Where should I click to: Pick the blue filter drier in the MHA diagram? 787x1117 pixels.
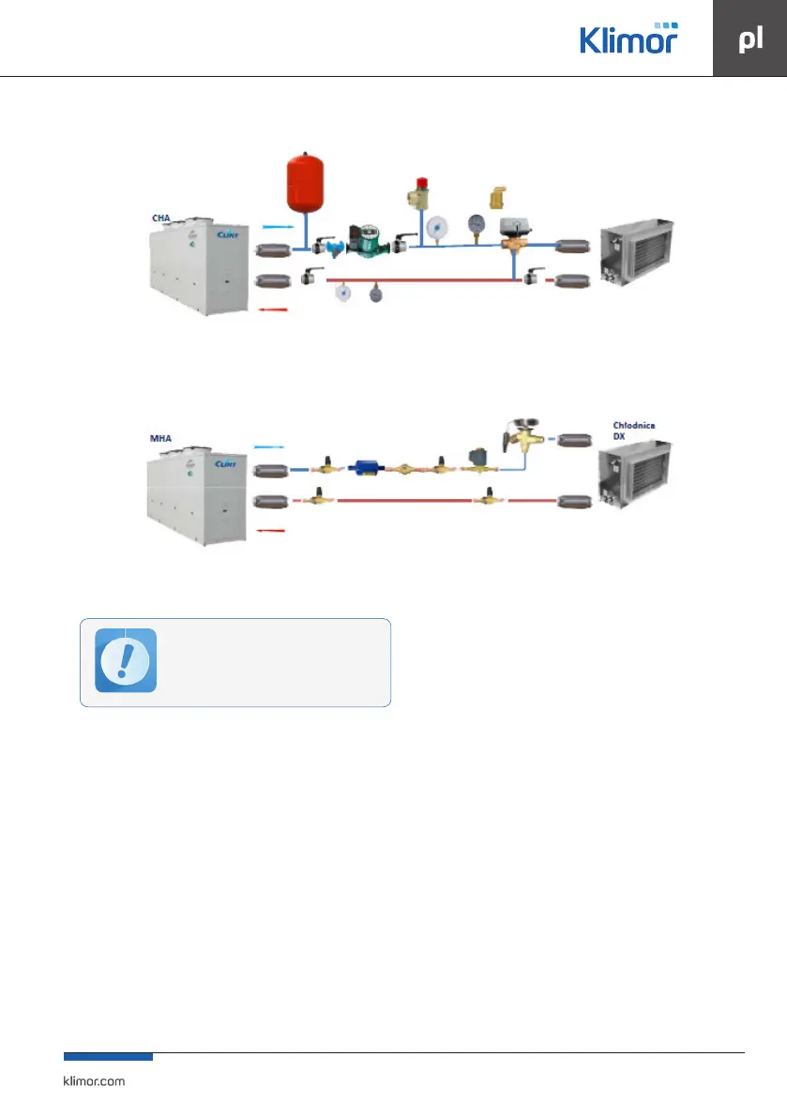click(364, 467)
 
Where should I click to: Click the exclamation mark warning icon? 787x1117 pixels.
click(126, 660)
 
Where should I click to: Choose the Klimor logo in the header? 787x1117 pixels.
click(628, 38)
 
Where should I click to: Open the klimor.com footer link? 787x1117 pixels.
click(93, 1080)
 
